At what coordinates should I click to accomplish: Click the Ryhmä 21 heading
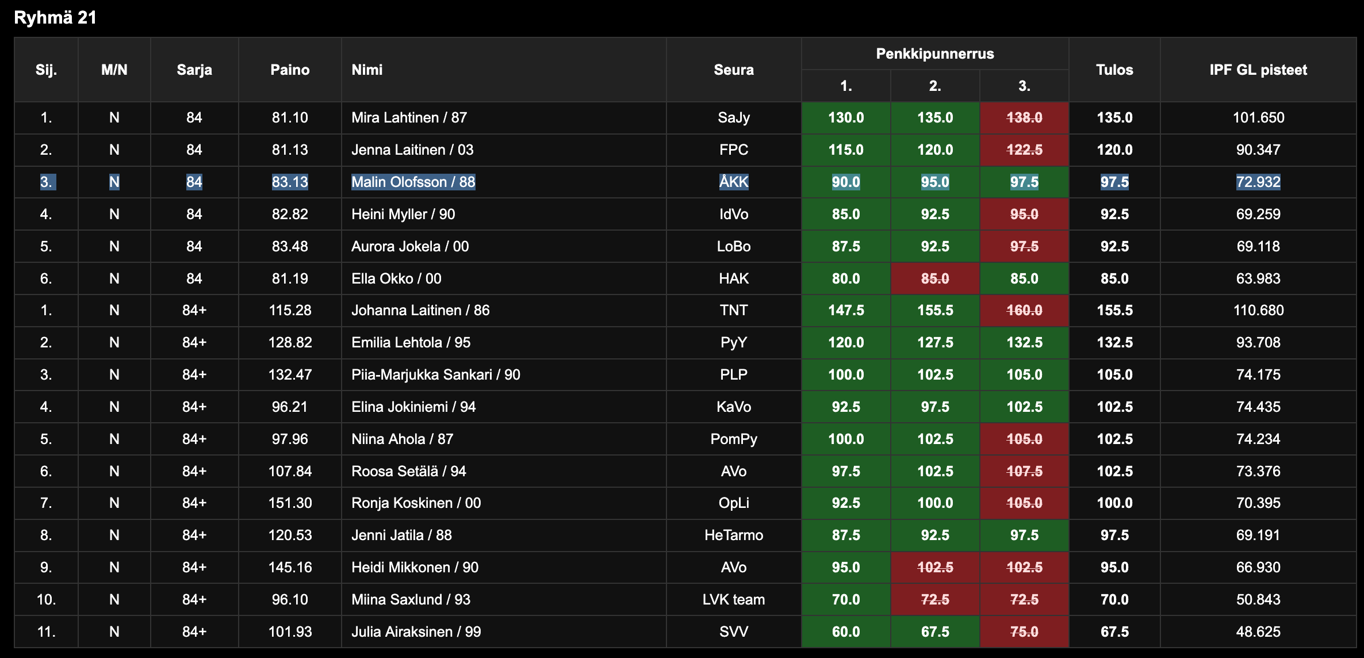coord(55,18)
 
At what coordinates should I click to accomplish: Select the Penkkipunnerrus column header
coord(934,54)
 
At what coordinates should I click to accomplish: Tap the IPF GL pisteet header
coord(1258,70)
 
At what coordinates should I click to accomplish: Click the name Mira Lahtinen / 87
coord(409,118)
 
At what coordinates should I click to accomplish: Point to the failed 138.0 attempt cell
coord(1024,118)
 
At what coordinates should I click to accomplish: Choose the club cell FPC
coord(733,150)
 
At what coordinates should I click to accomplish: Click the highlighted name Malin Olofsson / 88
coord(413,182)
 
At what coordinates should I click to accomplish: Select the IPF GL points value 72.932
coord(1258,182)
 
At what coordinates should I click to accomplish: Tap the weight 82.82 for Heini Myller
coord(290,215)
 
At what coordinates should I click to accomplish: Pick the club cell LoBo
coord(733,247)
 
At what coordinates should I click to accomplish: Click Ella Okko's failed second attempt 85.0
coord(934,279)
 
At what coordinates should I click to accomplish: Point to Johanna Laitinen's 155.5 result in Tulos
coord(1114,311)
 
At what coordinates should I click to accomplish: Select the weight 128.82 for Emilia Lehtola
coord(290,343)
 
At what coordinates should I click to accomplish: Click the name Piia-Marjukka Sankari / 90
coord(435,375)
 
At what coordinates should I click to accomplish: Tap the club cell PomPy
coord(733,439)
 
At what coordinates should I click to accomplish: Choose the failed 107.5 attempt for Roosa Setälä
coord(1024,472)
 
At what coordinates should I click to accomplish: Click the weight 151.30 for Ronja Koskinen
coord(290,503)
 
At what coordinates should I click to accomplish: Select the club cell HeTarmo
coord(733,535)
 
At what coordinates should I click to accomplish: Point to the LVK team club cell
coord(733,600)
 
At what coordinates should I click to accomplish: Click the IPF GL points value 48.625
coord(1258,632)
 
